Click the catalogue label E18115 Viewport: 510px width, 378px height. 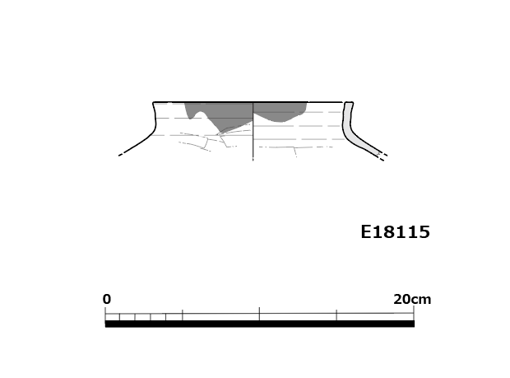395,231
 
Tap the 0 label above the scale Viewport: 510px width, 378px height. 107,299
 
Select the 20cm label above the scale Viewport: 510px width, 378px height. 412,299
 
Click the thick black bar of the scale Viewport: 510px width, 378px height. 260,324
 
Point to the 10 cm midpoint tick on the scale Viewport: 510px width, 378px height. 260,314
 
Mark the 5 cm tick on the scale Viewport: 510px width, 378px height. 183,315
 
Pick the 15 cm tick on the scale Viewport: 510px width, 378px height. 336,315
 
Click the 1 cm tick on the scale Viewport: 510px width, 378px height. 120,317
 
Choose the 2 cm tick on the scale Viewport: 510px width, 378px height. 135,317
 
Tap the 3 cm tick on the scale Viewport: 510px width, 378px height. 151,317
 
